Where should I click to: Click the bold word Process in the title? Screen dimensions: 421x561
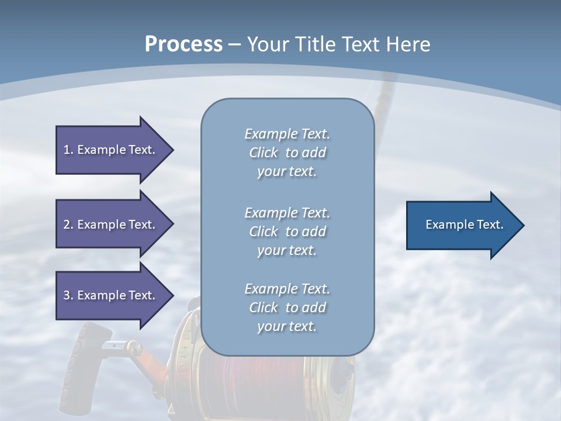[x=183, y=44]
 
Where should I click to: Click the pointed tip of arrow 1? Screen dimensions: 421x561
[x=171, y=150]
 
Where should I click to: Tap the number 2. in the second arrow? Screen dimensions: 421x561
[x=68, y=225]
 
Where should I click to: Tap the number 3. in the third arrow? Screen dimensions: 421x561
[x=68, y=295]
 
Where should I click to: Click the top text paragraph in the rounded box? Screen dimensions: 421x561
[x=287, y=153]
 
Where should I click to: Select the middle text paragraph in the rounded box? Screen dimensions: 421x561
[x=287, y=232]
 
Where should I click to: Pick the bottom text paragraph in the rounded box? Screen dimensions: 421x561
[x=287, y=308]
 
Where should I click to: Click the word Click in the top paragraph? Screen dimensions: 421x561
[x=263, y=153]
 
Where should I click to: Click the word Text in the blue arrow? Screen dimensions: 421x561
[x=490, y=225]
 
